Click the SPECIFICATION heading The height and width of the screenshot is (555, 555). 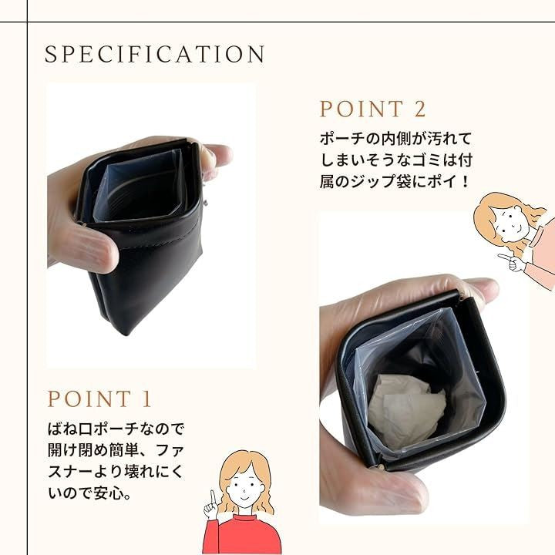155,54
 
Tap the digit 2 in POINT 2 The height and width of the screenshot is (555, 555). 419,109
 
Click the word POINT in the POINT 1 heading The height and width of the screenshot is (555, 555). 89,399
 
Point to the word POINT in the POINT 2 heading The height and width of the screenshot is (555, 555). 362,109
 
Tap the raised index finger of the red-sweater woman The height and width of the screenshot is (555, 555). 213,497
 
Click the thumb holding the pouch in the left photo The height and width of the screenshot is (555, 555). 85,247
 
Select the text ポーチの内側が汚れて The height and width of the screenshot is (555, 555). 395,139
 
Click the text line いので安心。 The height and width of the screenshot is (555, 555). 89,493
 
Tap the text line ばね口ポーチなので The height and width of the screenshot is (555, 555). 116,429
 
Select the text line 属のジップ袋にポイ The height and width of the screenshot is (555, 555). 390,182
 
